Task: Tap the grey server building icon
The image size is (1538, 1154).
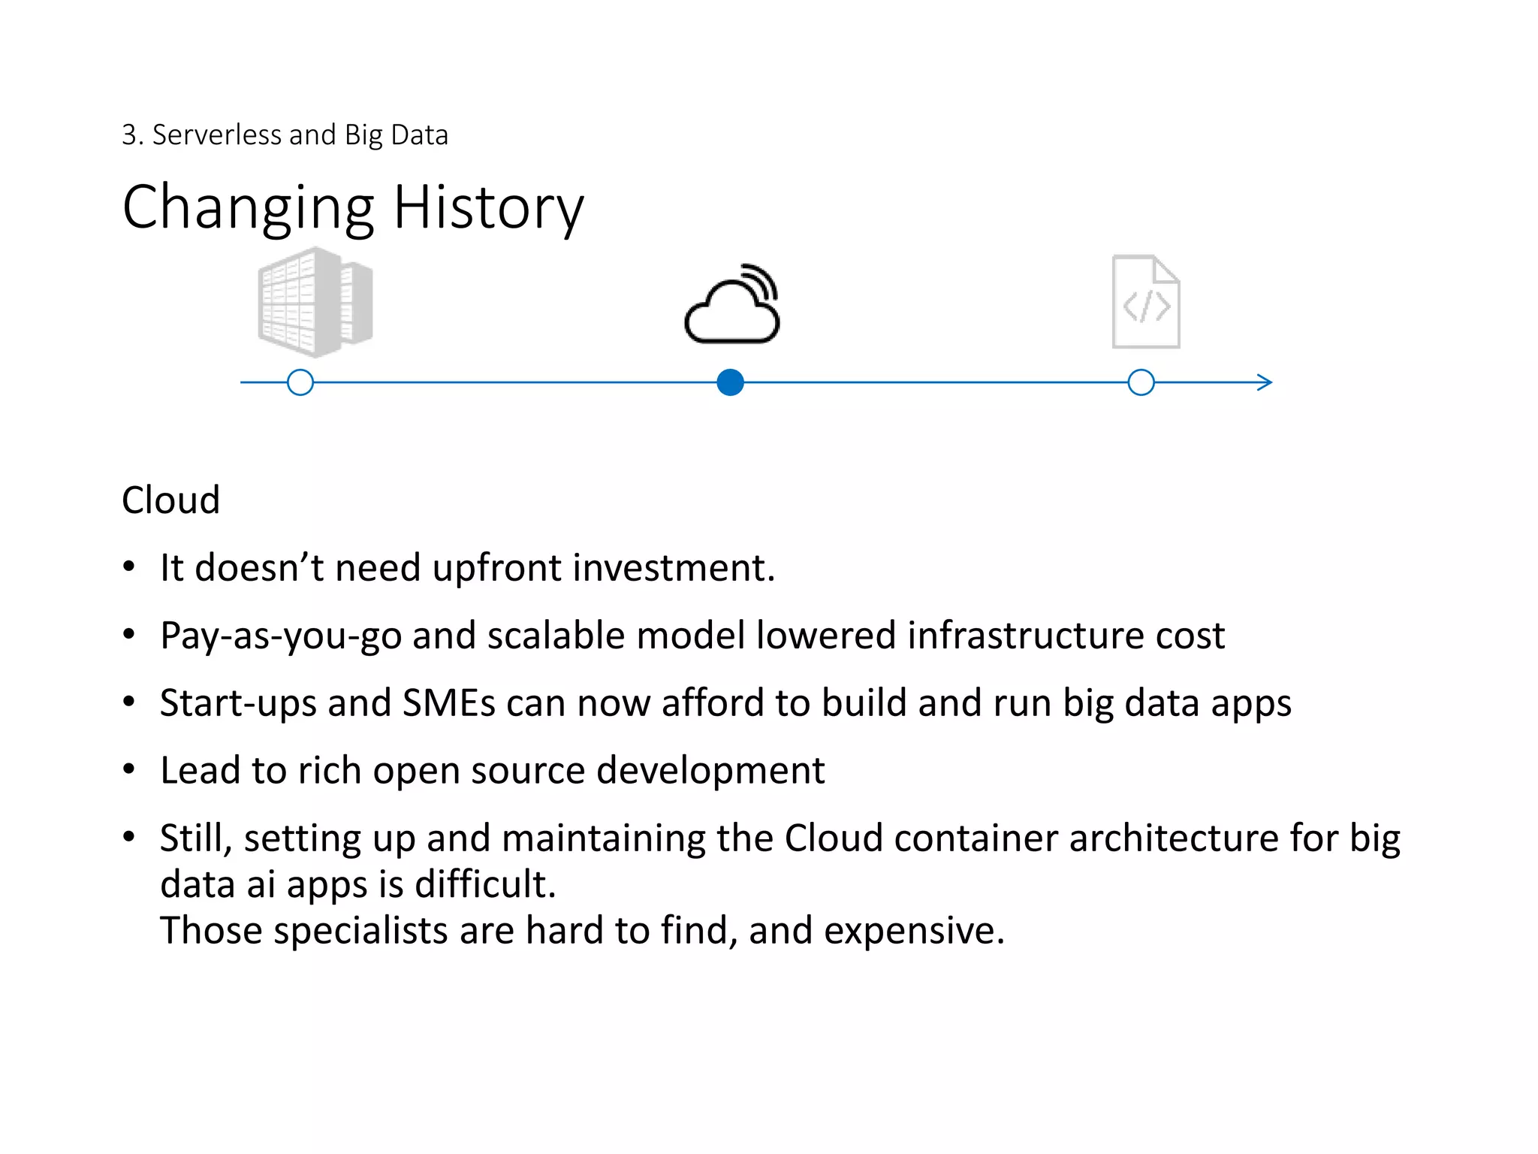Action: (x=315, y=302)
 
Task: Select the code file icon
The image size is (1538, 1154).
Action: (x=1146, y=302)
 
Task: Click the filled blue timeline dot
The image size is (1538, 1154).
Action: (x=730, y=382)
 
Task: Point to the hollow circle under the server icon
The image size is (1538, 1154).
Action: (x=300, y=382)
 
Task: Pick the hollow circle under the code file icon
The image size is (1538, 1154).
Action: (x=1141, y=382)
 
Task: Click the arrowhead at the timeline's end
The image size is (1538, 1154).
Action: (x=1265, y=382)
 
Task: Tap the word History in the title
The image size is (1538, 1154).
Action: (x=488, y=207)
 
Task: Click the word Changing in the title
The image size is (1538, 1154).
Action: (x=248, y=209)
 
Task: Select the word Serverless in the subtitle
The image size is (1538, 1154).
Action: (x=217, y=135)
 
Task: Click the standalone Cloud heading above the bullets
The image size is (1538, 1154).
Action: (x=170, y=500)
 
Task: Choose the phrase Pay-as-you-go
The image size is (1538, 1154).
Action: (x=280, y=636)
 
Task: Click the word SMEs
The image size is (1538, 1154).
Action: (x=448, y=703)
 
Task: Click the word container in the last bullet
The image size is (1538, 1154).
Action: (x=976, y=838)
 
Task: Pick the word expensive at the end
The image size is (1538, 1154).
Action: (x=913, y=932)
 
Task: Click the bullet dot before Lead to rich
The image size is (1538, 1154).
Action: (x=129, y=769)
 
